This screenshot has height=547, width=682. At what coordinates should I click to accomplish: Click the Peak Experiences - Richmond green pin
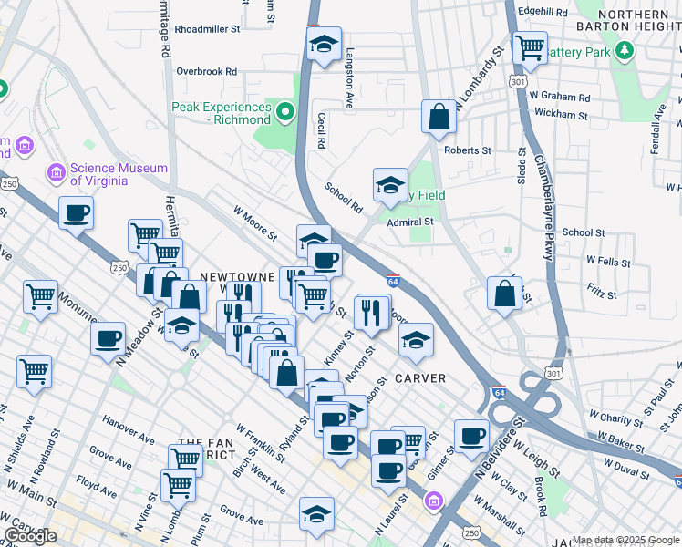tap(285, 112)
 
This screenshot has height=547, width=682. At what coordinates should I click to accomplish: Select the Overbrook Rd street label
tap(206, 70)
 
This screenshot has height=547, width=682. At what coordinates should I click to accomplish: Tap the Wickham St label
tap(563, 115)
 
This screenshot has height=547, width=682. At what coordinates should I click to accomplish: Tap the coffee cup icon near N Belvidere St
tap(470, 436)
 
